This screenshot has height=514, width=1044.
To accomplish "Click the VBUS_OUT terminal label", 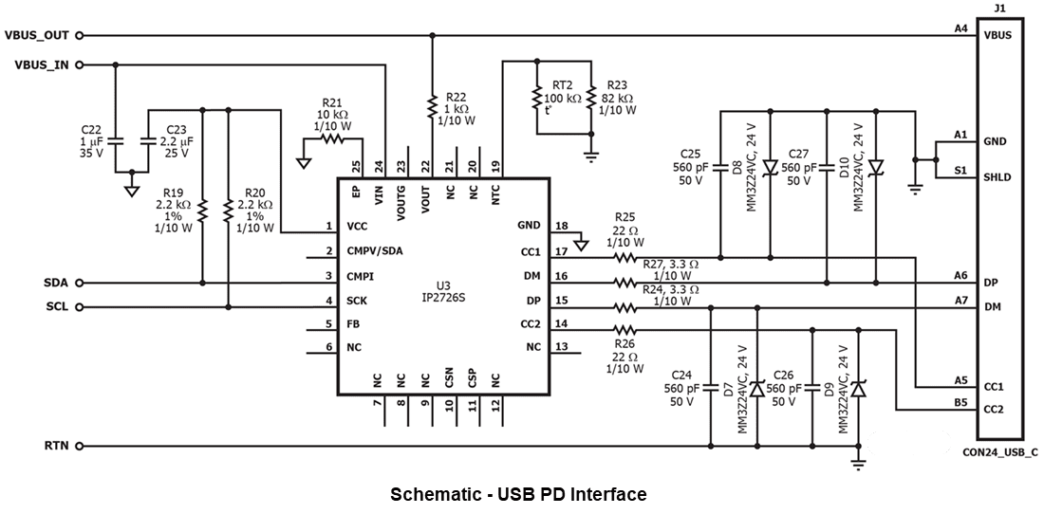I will (x=36, y=35).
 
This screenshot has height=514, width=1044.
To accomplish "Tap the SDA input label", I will (x=55, y=283).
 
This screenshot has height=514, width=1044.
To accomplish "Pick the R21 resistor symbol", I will (x=331, y=138).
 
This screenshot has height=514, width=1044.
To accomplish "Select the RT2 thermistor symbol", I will (x=537, y=98).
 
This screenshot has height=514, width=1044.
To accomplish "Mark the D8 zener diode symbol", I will (x=770, y=168).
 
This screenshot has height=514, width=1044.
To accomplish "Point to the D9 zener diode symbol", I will (x=859, y=389).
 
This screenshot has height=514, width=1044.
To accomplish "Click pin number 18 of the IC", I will (x=561, y=226).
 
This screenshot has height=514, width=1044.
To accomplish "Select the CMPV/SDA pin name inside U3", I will (x=375, y=251).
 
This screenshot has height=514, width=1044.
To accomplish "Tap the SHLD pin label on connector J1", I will (x=997, y=177).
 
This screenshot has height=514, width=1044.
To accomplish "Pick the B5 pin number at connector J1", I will (x=960, y=402).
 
